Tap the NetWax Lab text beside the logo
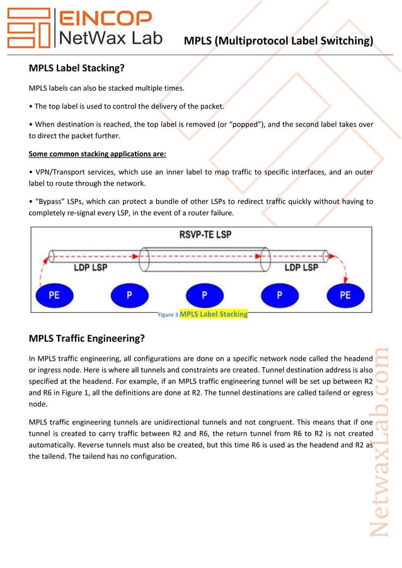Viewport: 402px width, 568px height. (x=110, y=38)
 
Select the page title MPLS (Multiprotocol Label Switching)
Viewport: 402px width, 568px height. (x=278, y=42)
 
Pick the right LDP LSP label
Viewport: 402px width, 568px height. (x=301, y=268)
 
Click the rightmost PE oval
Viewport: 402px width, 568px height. (x=345, y=295)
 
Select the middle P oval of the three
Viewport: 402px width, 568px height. (x=204, y=295)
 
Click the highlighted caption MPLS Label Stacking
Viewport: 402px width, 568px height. (x=214, y=314)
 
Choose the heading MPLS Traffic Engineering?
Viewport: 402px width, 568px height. (x=87, y=338)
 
